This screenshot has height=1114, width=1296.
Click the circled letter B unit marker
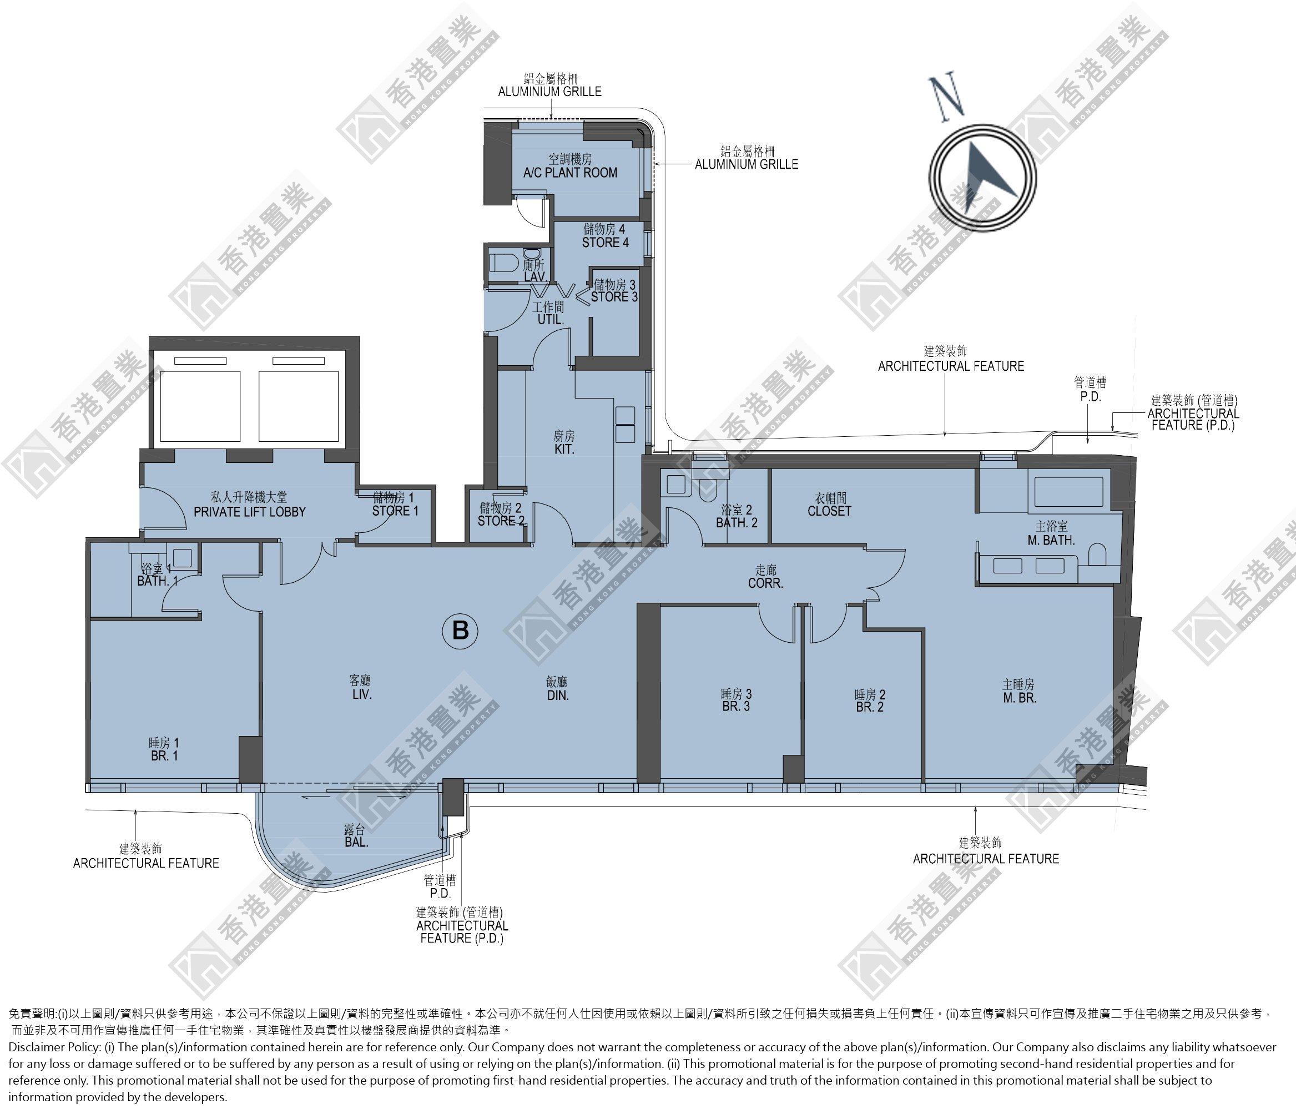pos(460,630)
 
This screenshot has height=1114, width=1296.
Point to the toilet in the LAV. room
pos(503,263)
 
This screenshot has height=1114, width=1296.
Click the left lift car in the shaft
pos(200,406)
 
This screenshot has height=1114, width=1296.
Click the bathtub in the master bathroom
pos(1069,492)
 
